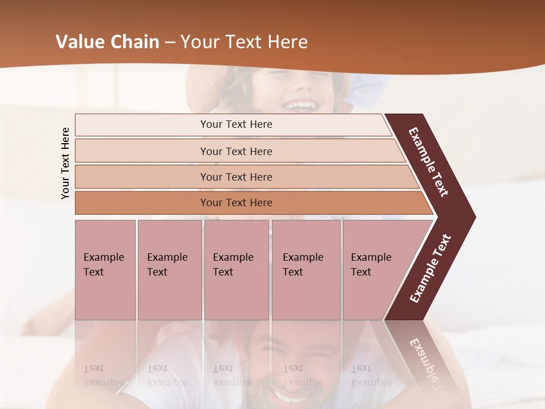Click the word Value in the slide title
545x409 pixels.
pos(80,42)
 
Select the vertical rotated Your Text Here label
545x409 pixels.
pos(65,163)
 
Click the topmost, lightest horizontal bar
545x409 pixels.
pos(236,124)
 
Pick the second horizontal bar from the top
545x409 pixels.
pos(236,151)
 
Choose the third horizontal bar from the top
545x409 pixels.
pos(236,177)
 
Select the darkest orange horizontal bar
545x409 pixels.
pos(236,203)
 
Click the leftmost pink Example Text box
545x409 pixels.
pos(105,270)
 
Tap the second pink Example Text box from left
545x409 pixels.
pos(169,270)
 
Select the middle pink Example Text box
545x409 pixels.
pos(236,270)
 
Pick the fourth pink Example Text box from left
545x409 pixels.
pos(305,270)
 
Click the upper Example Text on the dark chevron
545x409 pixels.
pos(429,162)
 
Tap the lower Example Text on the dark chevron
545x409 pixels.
pos(430,269)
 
